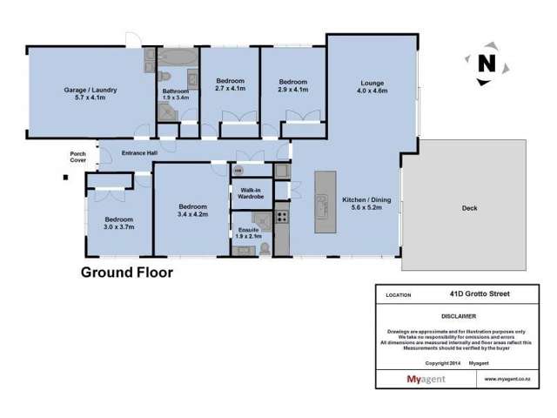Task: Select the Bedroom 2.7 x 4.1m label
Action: pos(230,84)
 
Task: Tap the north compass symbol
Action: pos(487,63)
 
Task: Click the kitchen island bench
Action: pos(325,200)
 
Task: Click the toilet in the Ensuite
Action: pos(265,248)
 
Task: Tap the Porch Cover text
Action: pos(78,158)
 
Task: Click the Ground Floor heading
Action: pos(126,273)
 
